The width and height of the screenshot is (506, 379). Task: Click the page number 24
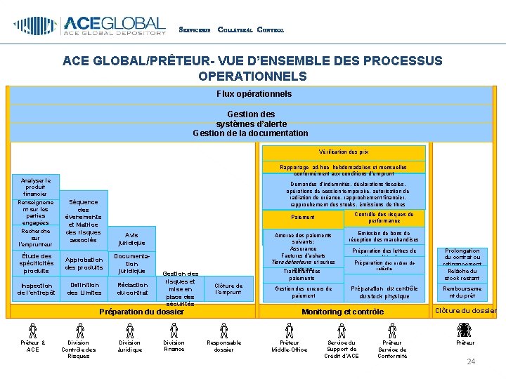pos(472,361)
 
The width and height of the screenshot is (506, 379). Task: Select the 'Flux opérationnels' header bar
pos(254,93)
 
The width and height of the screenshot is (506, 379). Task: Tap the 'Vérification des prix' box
pos(344,152)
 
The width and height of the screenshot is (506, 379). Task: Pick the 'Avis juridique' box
pos(131,239)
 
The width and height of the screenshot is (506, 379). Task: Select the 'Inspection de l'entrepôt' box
pos(37,289)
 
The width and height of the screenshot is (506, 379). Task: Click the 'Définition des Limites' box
pos(84,288)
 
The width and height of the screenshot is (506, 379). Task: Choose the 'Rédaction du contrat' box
pos(132,288)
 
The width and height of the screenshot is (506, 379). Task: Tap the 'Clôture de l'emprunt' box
pos(228,289)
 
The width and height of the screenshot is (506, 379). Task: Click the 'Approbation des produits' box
pos(84,263)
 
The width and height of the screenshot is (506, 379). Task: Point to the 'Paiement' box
pos(303,218)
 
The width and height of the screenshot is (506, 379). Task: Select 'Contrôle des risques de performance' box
pos(384,218)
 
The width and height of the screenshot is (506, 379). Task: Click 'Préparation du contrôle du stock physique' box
pos(384,291)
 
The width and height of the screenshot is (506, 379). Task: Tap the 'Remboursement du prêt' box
pos(462,291)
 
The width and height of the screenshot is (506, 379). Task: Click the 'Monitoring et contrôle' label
pos(342,312)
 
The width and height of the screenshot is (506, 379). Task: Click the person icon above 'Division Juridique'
pos(129,329)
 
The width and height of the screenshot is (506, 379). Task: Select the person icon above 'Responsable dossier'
pos(224,329)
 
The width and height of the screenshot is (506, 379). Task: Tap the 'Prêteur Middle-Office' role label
pos(289,346)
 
